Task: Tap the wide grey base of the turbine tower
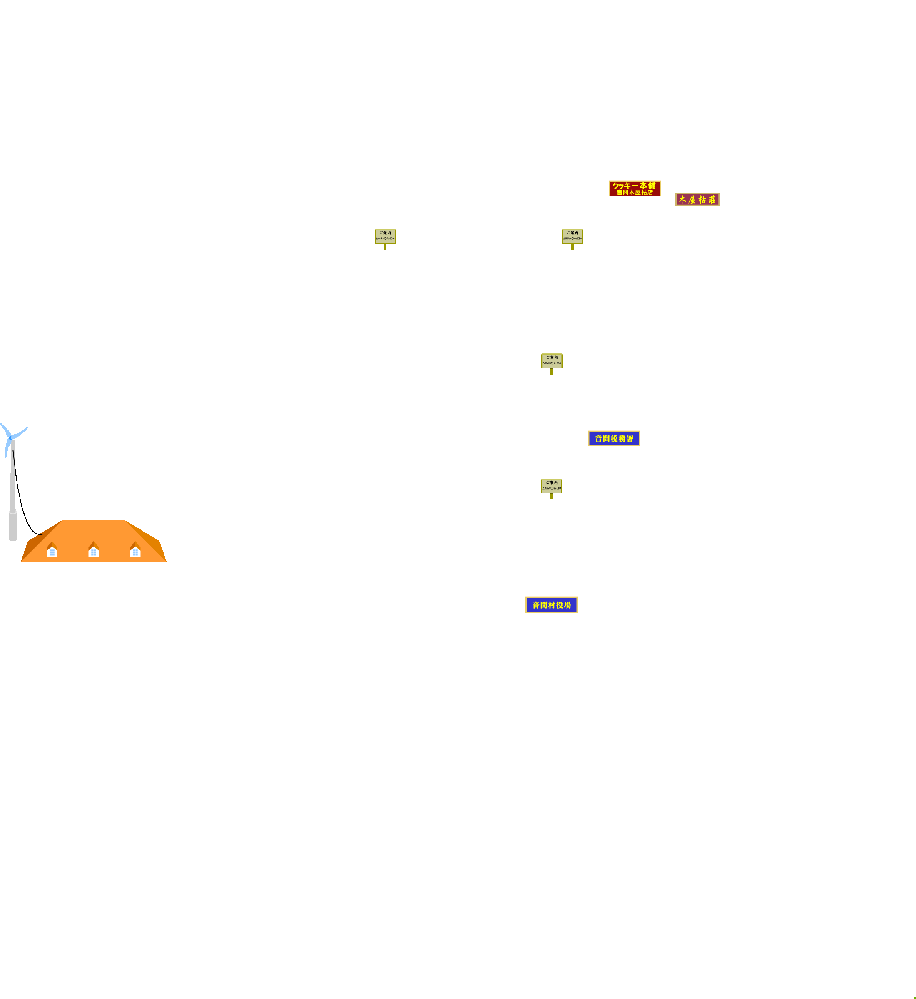coord(13,526)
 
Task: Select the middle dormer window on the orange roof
coord(94,552)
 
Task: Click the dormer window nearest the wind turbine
coord(52,552)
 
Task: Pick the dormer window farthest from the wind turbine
coord(135,552)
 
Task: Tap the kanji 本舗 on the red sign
coord(647,186)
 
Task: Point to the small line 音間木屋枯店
coord(635,193)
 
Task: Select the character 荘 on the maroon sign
coord(712,200)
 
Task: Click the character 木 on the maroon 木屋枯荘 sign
coord(682,200)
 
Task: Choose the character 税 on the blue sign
coord(614,439)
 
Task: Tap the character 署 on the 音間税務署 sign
coord(630,439)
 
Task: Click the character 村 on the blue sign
coord(552,605)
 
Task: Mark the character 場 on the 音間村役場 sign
coord(567,605)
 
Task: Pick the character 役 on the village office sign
coord(560,605)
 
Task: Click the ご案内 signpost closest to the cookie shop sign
coord(572,236)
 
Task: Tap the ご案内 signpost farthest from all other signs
coord(385,236)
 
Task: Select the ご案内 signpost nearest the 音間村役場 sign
coord(552,486)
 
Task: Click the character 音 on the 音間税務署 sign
coord(599,439)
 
